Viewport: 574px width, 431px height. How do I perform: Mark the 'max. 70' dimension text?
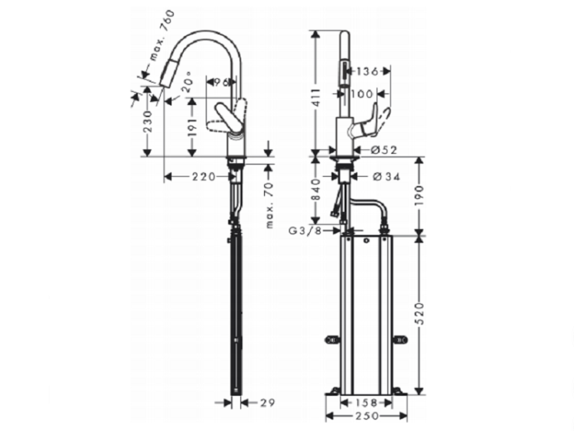click(x=270, y=204)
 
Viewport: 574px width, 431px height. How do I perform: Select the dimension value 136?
click(x=369, y=72)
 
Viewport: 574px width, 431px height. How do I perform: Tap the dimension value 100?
click(x=364, y=94)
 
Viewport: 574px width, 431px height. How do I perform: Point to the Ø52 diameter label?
click(x=384, y=149)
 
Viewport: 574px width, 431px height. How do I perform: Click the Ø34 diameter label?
click(x=384, y=177)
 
